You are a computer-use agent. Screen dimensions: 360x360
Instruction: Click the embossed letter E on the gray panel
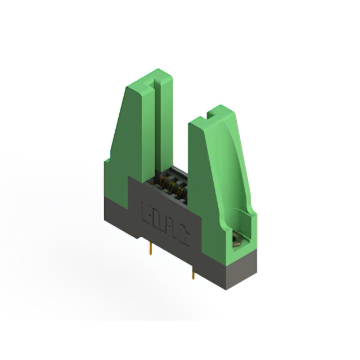(145, 213)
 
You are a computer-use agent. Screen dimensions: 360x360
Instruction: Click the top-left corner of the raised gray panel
(129, 177)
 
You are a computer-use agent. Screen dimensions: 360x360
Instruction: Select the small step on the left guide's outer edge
(107, 162)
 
